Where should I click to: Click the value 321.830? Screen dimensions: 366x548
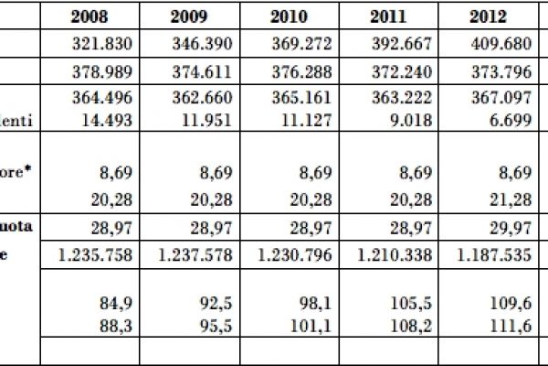pyautogui.click(x=100, y=46)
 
